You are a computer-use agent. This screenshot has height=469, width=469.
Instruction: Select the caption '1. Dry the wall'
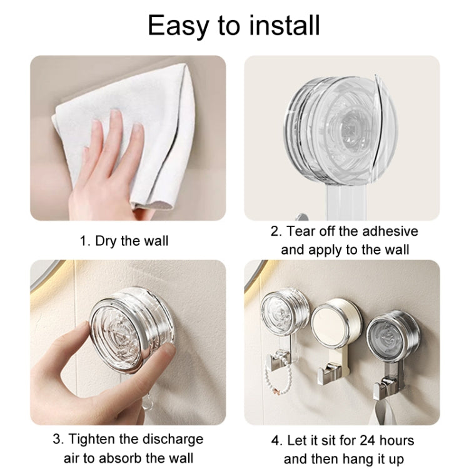point(124,240)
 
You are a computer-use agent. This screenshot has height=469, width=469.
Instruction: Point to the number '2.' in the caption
point(276,231)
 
